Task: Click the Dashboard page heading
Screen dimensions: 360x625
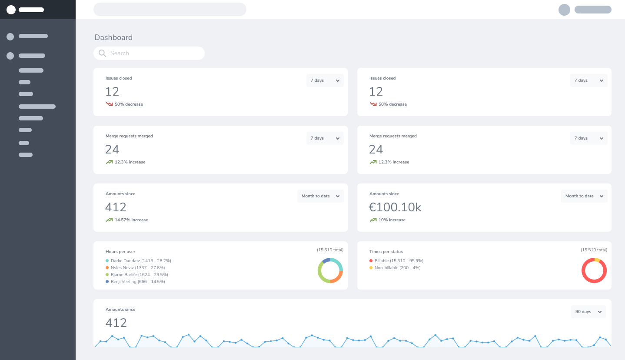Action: pyautogui.click(x=113, y=37)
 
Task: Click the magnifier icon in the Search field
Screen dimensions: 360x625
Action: pyautogui.click(x=102, y=53)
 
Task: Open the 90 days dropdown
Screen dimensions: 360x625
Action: pyautogui.click(x=588, y=312)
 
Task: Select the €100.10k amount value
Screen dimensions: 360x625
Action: pyautogui.click(x=395, y=207)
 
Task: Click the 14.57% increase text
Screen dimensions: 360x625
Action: pyautogui.click(x=131, y=220)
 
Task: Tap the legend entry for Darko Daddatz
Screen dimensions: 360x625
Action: pyautogui.click(x=140, y=261)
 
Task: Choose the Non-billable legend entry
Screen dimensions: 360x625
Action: pyautogui.click(x=397, y=268)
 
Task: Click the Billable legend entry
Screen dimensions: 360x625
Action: pyautogui.click(x=399, y=261)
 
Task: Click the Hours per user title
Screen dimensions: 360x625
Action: pyautogui.click(x=120, y=252)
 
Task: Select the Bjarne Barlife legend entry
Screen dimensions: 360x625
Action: pyautogui.click(x=139, y=275)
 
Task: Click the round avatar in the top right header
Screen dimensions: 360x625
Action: pyautogui.click(x=564, y=10)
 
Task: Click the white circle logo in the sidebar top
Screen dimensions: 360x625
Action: pyautogui.click(x=11, y=10)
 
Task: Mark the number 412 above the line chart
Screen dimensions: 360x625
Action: pyautogui.click(x=116, y=323)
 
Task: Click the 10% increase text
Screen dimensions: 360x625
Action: pyautogui.click(x=392, y=220)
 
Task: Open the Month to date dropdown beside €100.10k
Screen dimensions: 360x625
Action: pyautogui.click(x=584, y=196)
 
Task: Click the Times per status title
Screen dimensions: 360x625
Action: pyautogui.click(x=386, y=252)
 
